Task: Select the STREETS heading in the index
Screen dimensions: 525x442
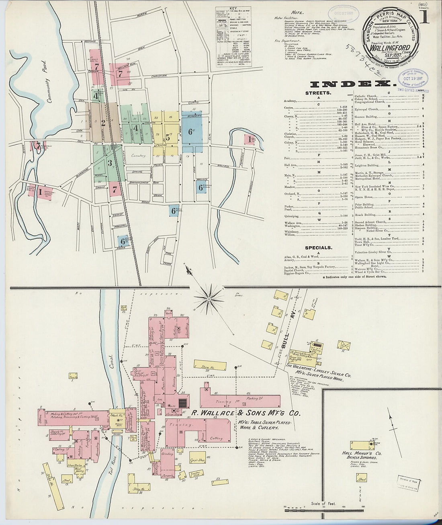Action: (x=318, y=93)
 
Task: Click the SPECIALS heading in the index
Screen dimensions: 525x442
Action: (x=318, y=248)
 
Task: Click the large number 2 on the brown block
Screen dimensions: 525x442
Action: (x=103, y=123)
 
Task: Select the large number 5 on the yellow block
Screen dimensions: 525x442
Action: (x=168, y=138)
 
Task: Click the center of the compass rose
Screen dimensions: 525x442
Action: (x=209, y=299)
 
